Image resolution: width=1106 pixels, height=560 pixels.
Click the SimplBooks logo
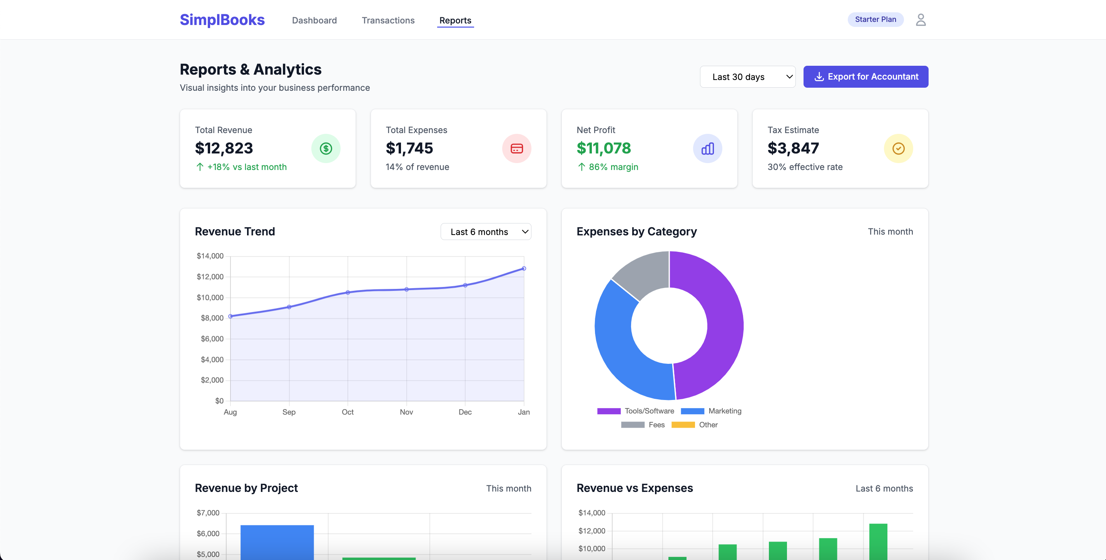[x=222, y=20]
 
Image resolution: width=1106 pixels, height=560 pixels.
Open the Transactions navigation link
[x=388, y=20]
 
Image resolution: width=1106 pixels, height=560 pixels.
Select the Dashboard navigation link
[x=314, y=20]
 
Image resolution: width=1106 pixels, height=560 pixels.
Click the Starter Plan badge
[x=875, y=19]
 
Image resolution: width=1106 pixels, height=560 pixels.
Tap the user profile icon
[x=920, y=20]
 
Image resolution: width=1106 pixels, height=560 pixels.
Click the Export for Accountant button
[x=865, y=77]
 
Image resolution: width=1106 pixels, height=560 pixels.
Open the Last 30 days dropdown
[x=747, y=77]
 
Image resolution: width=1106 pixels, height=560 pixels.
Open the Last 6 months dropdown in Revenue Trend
[x=485, y=232]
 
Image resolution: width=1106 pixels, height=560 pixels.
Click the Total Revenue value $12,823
[x=224, y=148]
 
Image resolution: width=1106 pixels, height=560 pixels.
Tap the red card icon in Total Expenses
[x=516, y=148]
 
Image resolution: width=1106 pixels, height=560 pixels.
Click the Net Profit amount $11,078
[x=603, y=148]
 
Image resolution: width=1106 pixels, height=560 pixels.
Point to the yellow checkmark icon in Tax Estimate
[x=898, y=148]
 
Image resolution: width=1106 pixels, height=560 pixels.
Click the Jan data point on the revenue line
[x=523, y=268]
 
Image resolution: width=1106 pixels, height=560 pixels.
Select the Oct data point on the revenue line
[x=348, y=293]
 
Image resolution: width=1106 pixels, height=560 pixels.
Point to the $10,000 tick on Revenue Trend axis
[x=210, y=297]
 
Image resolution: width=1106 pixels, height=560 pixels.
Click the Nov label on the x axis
[x=406, y=412]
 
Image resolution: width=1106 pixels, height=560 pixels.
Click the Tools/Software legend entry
[x=635, y=411]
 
